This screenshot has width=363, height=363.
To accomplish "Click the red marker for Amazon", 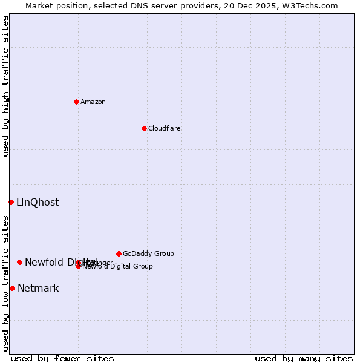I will [x=76, y=102].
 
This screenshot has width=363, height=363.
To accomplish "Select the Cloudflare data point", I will [x=144, y=128].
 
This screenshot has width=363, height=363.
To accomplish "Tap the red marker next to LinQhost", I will [x=11, y=202].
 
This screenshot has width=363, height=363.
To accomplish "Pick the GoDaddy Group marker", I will [x=119, y=253].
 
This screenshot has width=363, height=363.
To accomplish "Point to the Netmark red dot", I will [x=12, y=288].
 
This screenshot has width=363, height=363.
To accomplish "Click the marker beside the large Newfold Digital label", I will [x=19, y=262].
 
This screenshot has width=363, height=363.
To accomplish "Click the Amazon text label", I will [x=93, y=102].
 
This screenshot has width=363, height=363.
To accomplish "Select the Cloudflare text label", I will [x=164, y=128].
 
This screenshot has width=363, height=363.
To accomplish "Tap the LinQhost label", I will [x=38, y=202].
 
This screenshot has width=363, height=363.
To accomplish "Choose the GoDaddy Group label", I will [x=148, y=253].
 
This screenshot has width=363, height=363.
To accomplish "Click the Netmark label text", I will [x=38, y=288].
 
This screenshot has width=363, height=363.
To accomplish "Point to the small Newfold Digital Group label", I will [x=117, y=266].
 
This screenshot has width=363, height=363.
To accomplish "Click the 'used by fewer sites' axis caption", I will [x=62, y=358].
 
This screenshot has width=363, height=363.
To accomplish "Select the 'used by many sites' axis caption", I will [x=304, y=358].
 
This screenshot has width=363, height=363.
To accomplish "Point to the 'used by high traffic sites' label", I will [x=5, y=86].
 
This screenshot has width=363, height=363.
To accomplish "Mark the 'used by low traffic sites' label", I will [x=5, y=283].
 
